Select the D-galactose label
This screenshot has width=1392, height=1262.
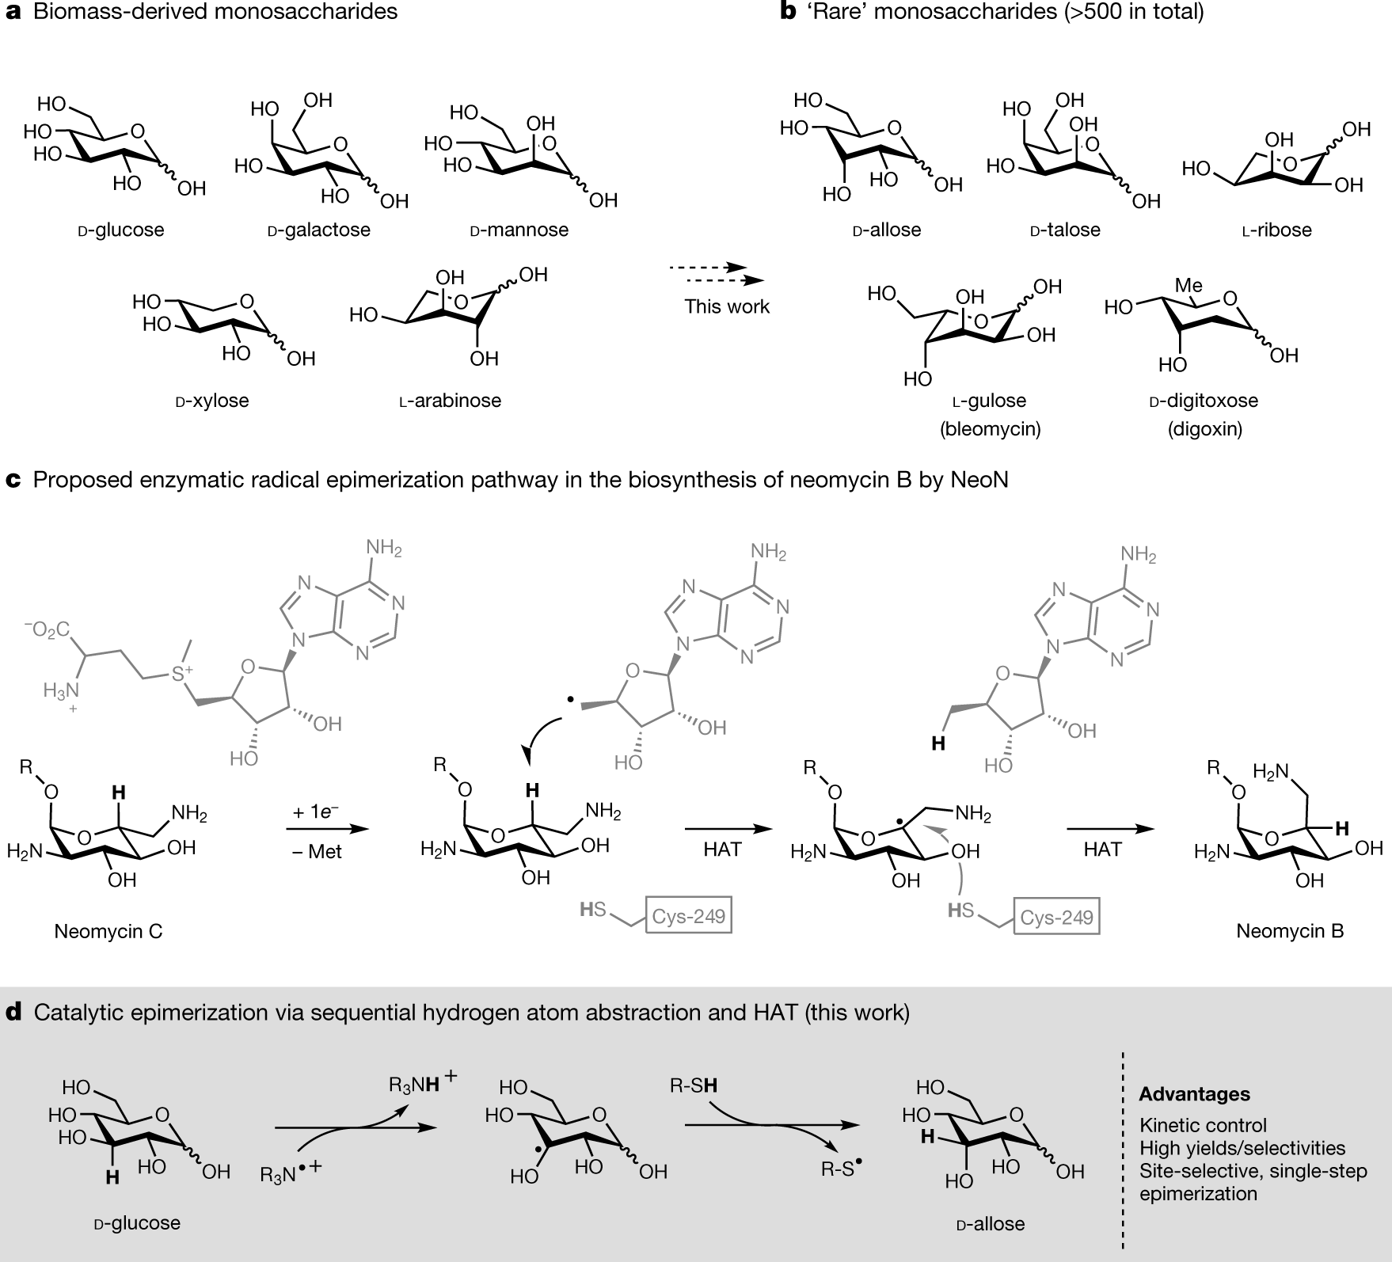pos(319,230)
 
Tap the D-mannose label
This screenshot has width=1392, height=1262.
pos(519,230)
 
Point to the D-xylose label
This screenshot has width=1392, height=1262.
pos(211,401)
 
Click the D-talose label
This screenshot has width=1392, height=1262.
pos(1065,230)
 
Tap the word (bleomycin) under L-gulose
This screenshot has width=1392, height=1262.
pos(991,429)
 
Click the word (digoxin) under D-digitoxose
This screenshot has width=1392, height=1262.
pos(1204,429)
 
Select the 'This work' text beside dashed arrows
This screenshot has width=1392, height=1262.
pos(727,306)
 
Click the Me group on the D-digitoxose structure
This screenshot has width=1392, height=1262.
pos(1189,284)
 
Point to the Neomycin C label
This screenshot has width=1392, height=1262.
pos(108,931)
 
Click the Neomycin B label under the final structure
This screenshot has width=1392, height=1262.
pos(1290,931)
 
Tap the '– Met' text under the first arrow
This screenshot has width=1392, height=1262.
pos(316,853)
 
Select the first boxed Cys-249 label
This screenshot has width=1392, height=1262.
pos(688,917)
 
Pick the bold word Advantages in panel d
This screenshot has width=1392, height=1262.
pos(1194,1095)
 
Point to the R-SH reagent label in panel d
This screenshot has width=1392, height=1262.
pos(693,1085)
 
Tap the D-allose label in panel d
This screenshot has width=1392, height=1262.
pos(991,1224)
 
